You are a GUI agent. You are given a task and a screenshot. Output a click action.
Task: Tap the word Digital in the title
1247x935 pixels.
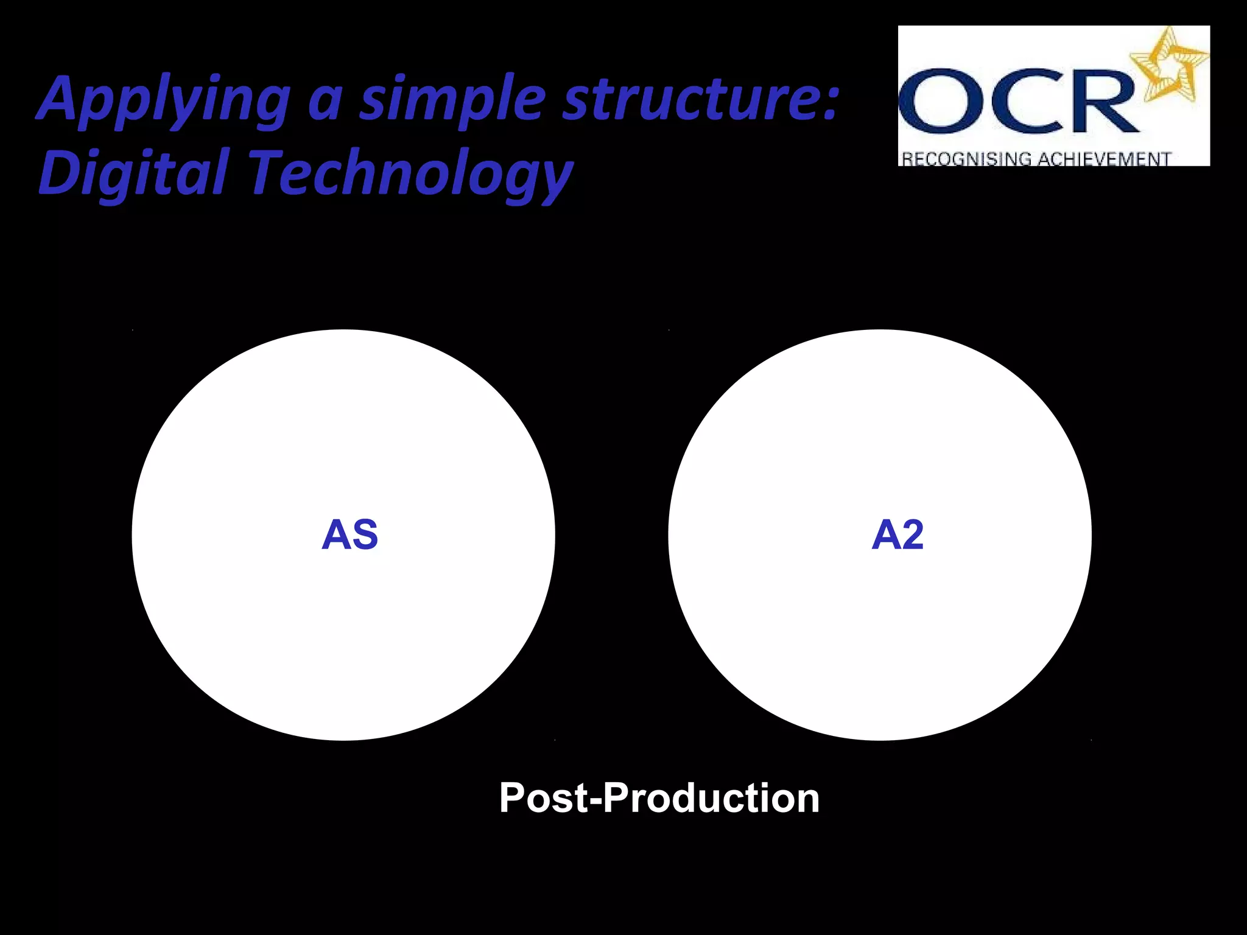[134, 173]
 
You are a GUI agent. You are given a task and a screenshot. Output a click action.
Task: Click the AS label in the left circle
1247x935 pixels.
[350, 535]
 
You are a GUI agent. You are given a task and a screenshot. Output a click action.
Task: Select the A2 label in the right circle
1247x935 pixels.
[897, 535]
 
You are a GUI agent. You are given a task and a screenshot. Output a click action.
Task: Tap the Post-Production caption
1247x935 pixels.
[659, 797]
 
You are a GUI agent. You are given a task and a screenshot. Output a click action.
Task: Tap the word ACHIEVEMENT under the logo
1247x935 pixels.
[1103, 159]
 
